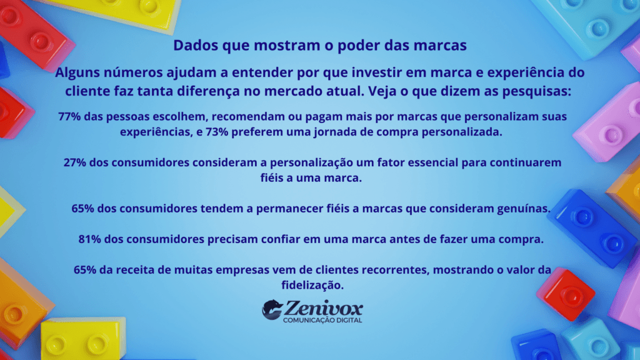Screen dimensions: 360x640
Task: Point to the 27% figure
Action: click(x=76, y=162)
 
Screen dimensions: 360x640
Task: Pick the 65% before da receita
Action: click(x=86, y=270)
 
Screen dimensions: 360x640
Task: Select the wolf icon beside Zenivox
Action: click(x=272, y=309)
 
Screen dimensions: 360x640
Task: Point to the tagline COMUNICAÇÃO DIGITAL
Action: click(x=322, y=321)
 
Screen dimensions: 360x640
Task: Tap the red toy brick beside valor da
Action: click(x=565, y=294)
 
